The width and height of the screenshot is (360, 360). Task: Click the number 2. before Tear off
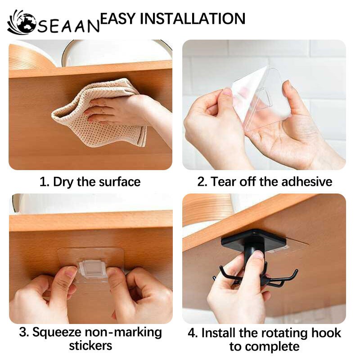click(x=202, y=182)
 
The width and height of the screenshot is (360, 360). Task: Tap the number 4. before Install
click(x=193, y=333)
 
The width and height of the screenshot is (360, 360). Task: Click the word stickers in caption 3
click(x=90, y=346)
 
